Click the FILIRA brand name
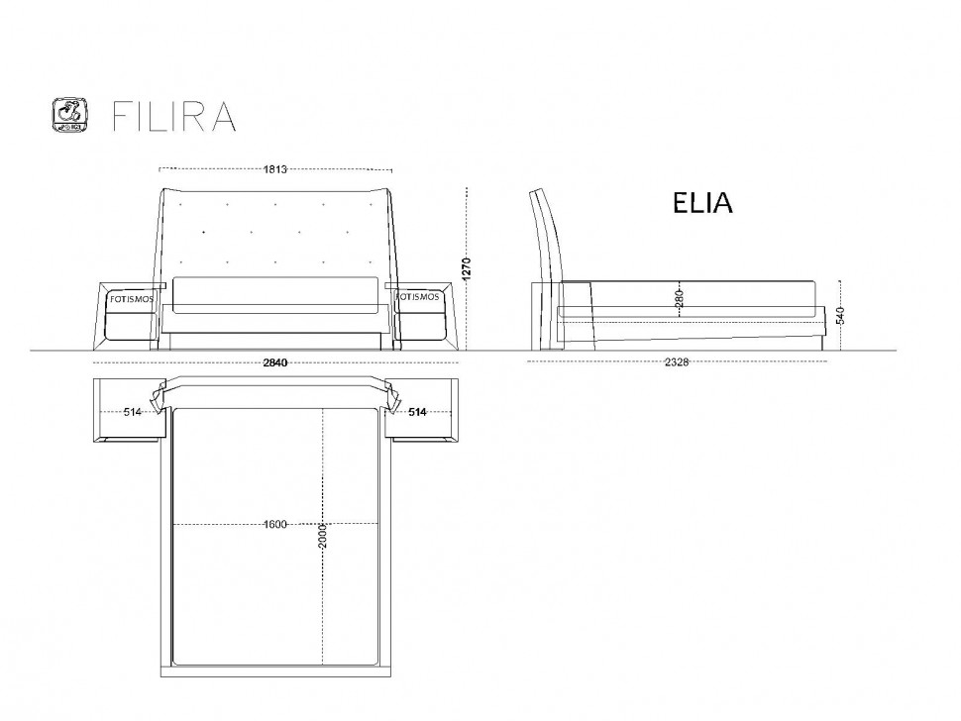click(x=174, y=116)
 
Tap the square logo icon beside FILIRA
click(x=69, y=115)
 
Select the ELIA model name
click(x=702, y=203)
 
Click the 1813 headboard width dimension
click(x=275, y=169)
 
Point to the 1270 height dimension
click(x=467, y=269)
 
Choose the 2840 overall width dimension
click(x=275, y=362)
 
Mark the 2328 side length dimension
click(x=677, y=362)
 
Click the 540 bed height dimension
click(x=840, y=315)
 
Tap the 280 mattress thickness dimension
click(x=679, y=298)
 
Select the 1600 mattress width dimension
click(x=275, y=524)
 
